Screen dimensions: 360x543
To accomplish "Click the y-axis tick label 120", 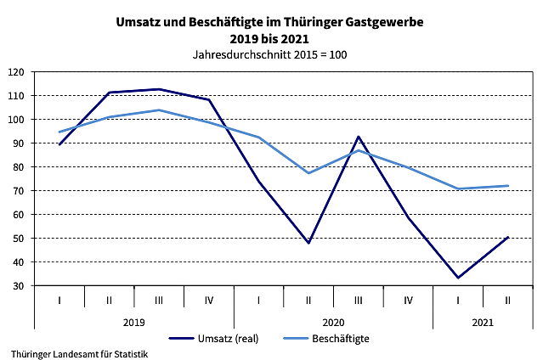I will coord(16,72).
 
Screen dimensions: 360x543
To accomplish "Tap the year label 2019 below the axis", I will coord(133,322).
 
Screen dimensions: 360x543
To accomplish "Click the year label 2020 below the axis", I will coord(333,322).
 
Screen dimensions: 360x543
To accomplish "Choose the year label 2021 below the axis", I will coord(483,322).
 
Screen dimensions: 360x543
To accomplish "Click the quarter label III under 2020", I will coord(359,300).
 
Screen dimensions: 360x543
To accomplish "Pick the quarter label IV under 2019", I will coord(209,300).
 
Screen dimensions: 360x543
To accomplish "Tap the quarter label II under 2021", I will coord(508,300).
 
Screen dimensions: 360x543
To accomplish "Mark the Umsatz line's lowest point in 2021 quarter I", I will coord(458,278).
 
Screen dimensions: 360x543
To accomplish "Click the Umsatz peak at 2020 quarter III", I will coord(359,137).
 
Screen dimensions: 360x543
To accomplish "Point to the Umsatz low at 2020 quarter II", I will coord(308,243).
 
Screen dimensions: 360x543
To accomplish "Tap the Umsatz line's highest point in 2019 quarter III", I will coord(159,89).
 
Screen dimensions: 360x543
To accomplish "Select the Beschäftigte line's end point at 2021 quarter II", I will coord(508,186).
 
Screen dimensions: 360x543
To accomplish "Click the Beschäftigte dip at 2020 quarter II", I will coord(308,173).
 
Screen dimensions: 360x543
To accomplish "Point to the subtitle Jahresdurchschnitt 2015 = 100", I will coord(271,54).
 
